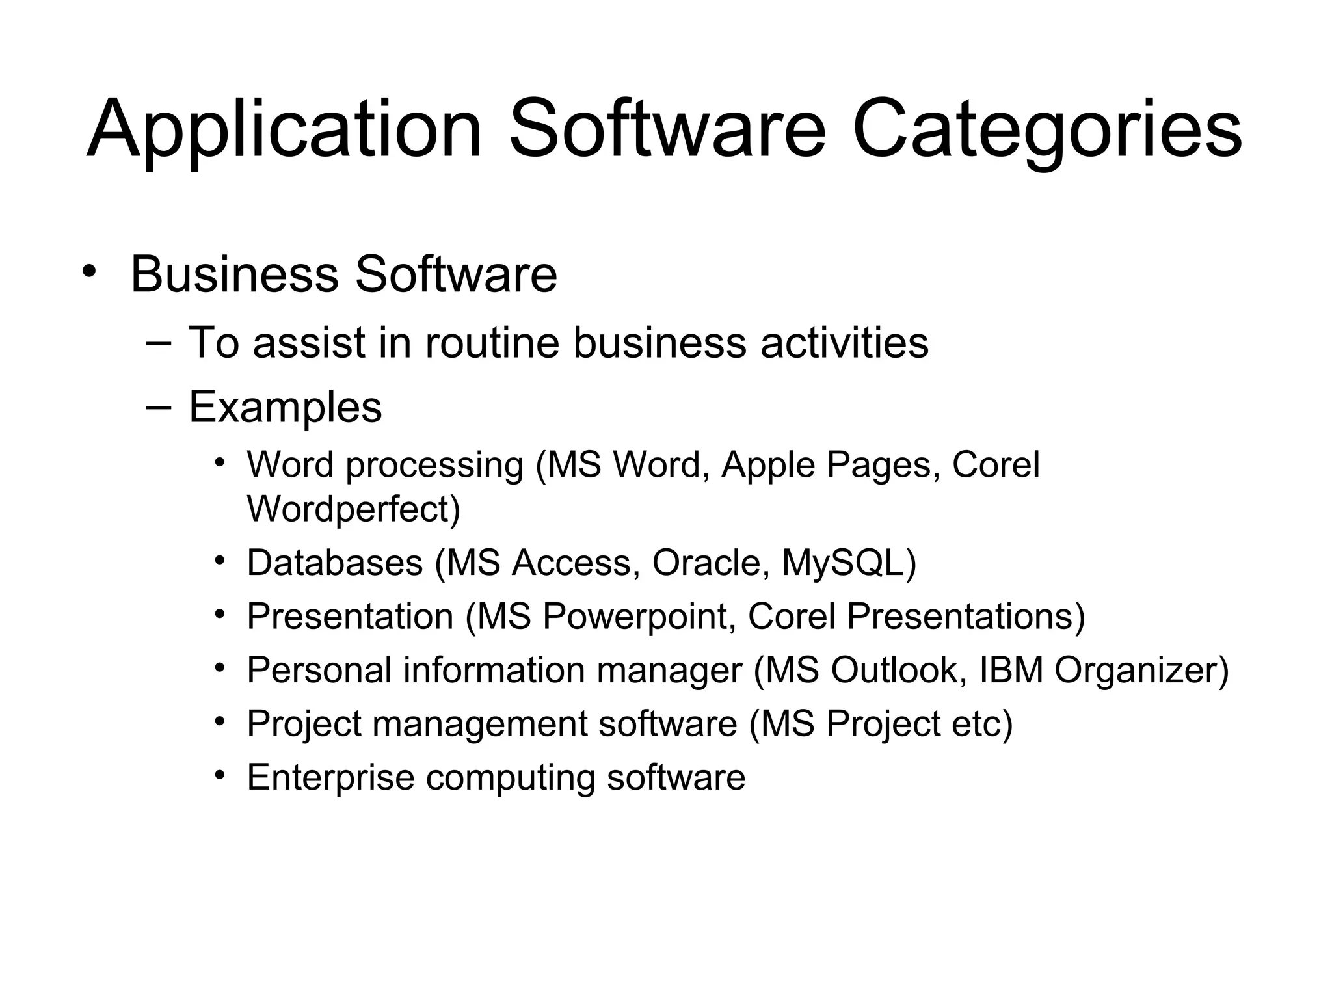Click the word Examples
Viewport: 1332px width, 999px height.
285,408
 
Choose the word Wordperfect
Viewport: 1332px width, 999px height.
353,509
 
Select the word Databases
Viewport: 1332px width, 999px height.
335,563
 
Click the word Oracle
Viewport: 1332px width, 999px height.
707,563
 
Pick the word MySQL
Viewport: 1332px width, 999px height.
843,563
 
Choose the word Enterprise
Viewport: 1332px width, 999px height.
330,777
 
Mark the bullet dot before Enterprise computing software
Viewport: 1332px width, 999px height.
220,775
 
